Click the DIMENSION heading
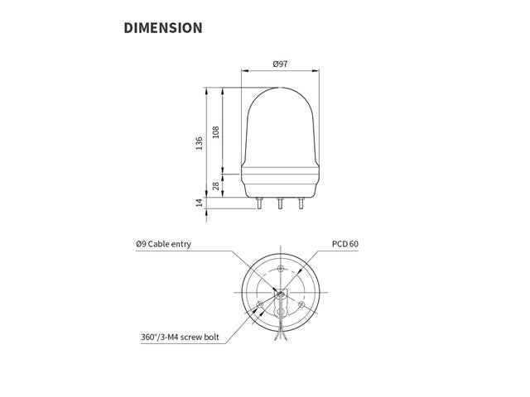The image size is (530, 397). click(162, 27)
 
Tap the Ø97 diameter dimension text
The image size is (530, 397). click(280, 64)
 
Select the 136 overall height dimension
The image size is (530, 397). click(200, 142)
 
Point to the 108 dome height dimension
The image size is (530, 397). click(216, 132)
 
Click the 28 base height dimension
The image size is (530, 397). click(216, 187)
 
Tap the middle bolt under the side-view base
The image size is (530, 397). click(280, 203)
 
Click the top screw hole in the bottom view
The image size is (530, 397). click(281, 270)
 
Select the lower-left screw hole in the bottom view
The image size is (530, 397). click(260, 305)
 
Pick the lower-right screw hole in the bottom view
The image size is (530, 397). click(301, 305)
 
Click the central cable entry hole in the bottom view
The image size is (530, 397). click(280, 294)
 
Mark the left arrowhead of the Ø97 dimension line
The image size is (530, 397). click(243, 70)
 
